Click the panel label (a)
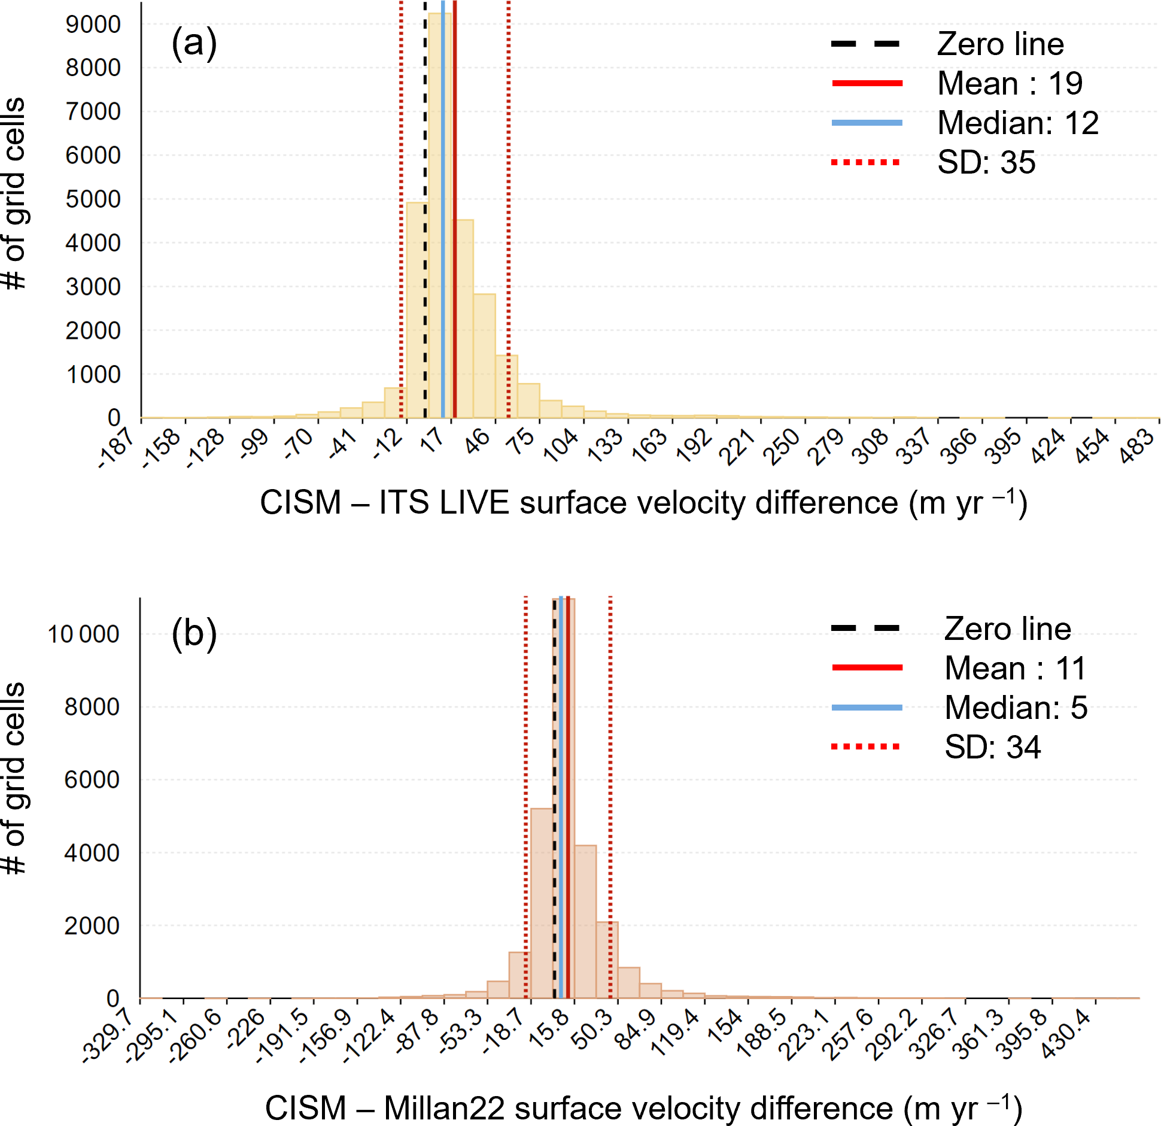(194, 44)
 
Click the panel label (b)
(194, 633)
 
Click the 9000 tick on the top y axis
(93, 25)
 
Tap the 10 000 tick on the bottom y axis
(84, 635)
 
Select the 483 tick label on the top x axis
(1137, 447)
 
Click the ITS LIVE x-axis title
(643, 503)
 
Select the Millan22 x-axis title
(643, 1108)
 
